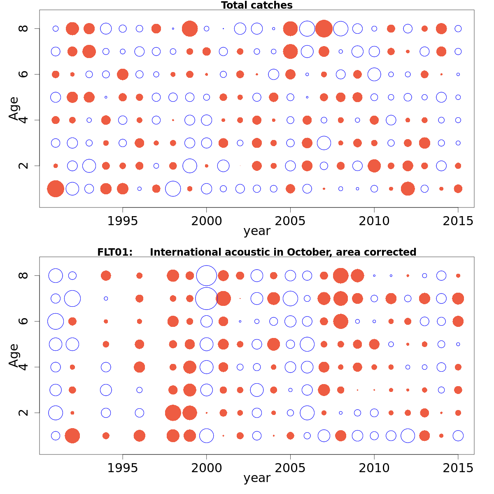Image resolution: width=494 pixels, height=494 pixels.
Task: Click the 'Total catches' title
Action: click(x=256, y=5)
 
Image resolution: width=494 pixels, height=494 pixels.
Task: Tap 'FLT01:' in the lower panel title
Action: click(x=115, y=252)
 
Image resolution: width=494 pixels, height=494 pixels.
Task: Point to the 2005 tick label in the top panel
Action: click(x=291, y=221)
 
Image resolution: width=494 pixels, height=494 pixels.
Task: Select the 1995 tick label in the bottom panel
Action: click(x=123, y=468)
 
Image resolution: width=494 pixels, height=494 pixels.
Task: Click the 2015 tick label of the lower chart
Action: click(x=458, y=468)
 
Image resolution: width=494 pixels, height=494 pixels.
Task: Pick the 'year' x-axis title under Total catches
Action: click(x=257, y=231)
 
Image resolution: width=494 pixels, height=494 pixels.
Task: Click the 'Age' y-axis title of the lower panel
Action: click(x=14, y=355)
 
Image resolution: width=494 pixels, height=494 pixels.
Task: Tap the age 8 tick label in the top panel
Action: click(x=24, y=28)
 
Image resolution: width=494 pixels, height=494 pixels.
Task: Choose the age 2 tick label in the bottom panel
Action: click(x=24, y=412)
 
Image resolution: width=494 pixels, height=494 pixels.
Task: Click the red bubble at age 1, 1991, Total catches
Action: click(x=56, y=189)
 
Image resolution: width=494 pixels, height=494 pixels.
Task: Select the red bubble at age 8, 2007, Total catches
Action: click(x=324, y=28)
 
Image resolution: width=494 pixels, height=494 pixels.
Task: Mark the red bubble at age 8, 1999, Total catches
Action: click(x=190, y=29)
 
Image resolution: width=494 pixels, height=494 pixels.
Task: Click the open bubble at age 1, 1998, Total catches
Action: click(x=173, y=189)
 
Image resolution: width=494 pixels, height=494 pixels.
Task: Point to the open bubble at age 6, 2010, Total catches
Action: click(x=374, y=75)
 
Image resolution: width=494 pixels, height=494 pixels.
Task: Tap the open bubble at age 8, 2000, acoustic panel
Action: click(x=207, y=275)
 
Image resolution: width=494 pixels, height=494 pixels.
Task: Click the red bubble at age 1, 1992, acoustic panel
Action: click(x=72, y=436)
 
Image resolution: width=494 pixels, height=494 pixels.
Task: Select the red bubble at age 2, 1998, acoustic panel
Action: click(x=173, y=412)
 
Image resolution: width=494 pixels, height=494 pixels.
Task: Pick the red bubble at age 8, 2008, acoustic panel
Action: click(x=340, y=275)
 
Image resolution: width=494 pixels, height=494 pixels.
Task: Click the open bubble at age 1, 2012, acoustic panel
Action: click(x=408, y=436)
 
